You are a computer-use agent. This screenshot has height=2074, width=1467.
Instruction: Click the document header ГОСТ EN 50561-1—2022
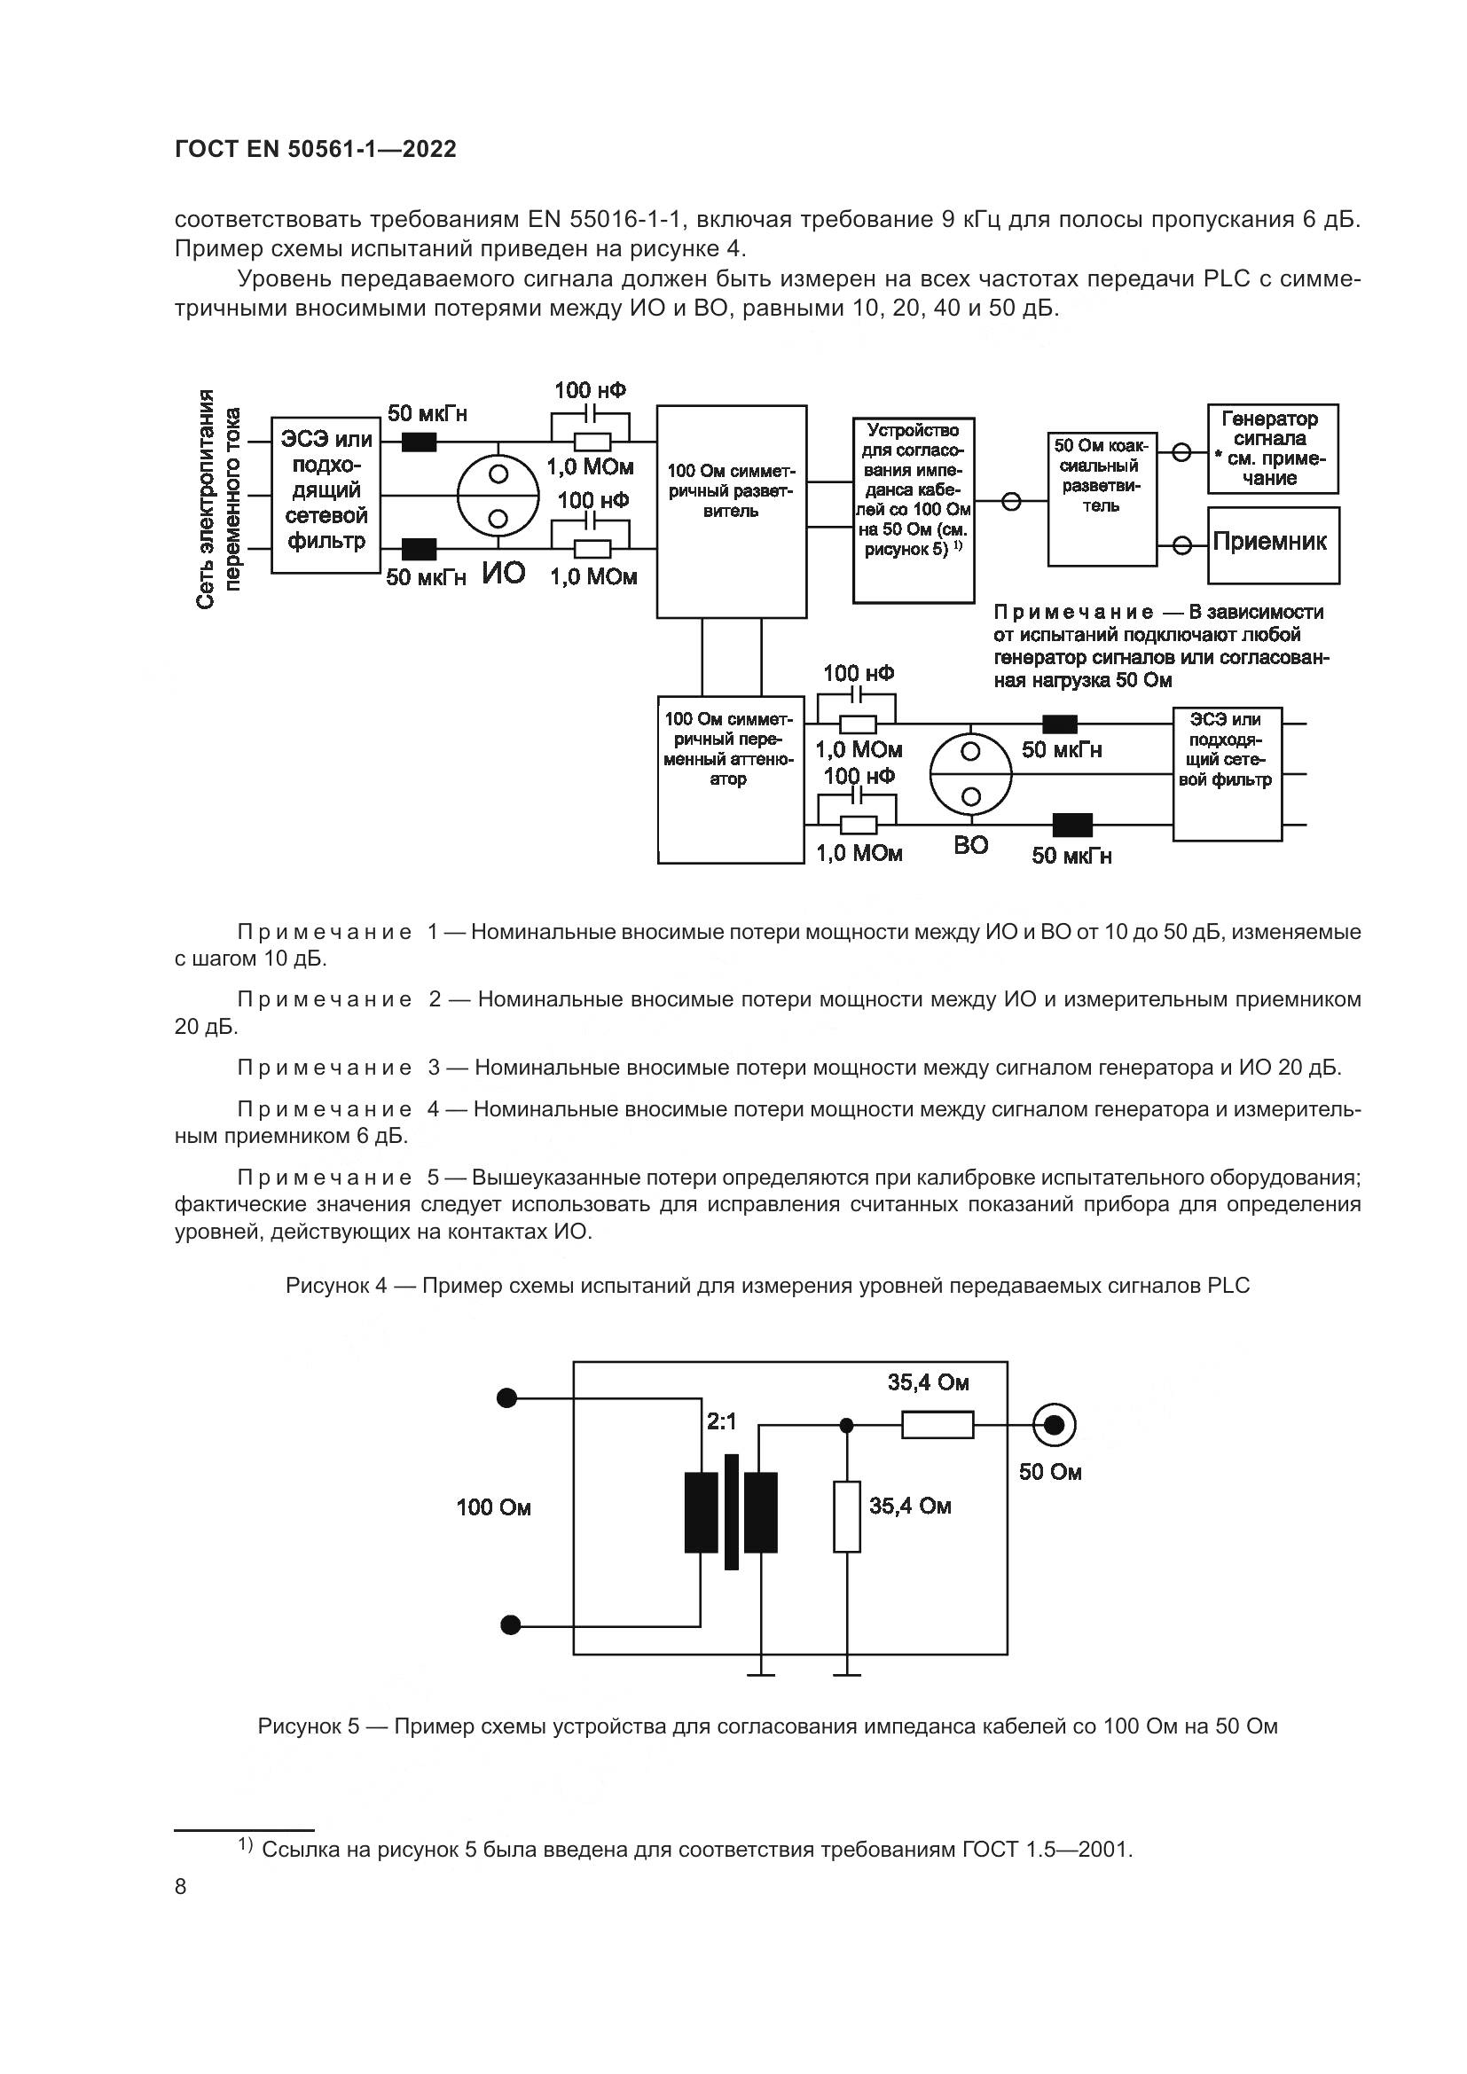click(315, 149)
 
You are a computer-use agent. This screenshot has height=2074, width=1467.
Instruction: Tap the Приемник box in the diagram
click(1273, 544)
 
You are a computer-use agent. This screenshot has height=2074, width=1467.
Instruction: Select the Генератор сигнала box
click(1273, 449)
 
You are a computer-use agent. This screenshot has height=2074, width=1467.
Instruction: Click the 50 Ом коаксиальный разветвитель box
click(1102, 498)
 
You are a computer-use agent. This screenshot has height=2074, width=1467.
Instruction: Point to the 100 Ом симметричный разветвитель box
click(731, 512)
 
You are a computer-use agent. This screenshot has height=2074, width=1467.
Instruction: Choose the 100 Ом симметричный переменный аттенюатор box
click(730, 779)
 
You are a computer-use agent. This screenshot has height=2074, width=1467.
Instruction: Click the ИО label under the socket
click(502, 573)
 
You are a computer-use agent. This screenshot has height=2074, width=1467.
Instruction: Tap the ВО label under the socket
click(971, 846)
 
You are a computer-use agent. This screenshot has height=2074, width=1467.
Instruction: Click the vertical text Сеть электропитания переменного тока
click(218, 498)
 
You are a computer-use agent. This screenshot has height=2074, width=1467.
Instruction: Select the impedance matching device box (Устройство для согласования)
click(914, 512)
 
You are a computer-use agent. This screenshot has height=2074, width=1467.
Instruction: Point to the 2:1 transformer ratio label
click(721, 1421)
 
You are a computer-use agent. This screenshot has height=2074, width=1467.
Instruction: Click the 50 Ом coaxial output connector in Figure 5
click(1054, 1426)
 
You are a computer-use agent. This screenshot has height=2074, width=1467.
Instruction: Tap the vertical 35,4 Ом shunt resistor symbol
click(846, 1517)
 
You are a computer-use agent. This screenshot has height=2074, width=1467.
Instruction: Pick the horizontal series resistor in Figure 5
click(937, 1426)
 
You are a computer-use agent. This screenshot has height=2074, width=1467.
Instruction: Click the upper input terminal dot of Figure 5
click(507, 1398)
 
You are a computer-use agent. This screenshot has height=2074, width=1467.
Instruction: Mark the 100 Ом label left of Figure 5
click(493, 1507)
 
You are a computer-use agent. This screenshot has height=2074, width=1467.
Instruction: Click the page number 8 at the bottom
click(181, 1887)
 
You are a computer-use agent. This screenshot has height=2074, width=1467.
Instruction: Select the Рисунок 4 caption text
click(767, 1287)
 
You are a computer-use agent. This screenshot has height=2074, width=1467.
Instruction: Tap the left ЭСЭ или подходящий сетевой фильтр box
click(326, 495)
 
